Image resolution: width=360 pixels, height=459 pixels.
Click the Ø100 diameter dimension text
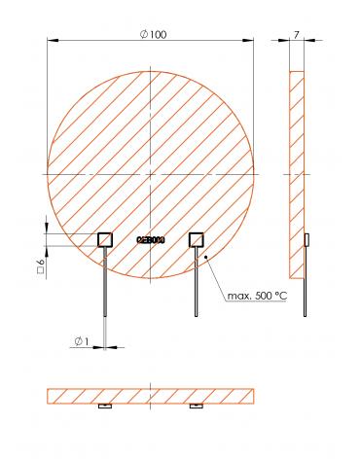154,34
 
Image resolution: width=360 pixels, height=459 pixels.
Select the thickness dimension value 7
295,34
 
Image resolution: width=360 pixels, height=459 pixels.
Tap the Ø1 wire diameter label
81,340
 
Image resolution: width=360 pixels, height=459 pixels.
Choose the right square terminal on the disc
196,238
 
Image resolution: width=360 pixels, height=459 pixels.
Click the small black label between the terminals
151,239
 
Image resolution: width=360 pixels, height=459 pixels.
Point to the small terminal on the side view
306,239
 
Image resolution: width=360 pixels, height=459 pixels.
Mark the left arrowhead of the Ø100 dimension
52,40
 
